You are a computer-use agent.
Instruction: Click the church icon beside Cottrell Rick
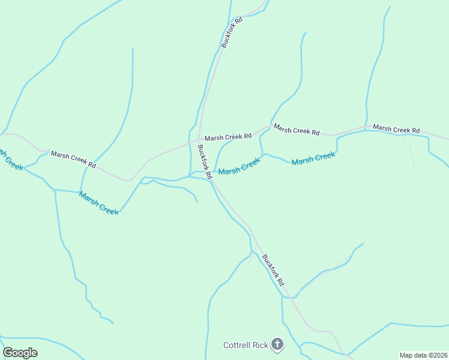(277, 344)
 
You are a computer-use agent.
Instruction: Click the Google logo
(20, 353)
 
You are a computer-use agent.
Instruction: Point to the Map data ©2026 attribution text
(424, 355)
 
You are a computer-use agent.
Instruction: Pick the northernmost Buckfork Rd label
(232, 32)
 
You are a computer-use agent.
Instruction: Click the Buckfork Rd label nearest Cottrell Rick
(273, 269)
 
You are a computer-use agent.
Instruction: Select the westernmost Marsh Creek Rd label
(73, 159)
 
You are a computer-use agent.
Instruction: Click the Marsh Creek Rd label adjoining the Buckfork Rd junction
(228, 137)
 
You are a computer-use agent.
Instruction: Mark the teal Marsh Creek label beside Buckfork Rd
(239, 167)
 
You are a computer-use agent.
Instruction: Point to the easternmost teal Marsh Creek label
(313, 159)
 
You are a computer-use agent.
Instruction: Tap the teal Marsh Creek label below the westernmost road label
(98, 203)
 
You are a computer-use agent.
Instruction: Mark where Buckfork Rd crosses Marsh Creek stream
(211, 179)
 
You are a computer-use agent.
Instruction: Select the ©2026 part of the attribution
(435, 355)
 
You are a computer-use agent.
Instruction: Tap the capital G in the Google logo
(8, 353)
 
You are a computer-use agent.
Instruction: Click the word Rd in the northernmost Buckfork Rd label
(238, 21)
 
